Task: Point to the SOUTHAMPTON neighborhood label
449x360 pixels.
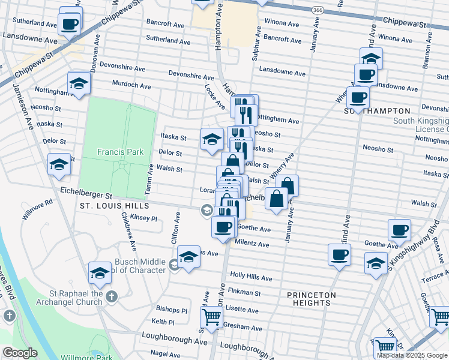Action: click(378, 111)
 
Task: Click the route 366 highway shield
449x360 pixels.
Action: click(318, 10)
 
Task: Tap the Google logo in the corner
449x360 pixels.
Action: click(19, 353)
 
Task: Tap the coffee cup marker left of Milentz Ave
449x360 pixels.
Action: click(224, 227)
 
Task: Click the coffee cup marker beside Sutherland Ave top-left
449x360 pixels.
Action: click(70, 25)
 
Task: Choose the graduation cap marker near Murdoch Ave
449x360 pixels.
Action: click(78, 84)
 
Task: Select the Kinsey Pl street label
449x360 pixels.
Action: click(143, 218)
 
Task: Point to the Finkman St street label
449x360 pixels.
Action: click(243, 292)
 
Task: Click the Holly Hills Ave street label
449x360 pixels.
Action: click(251, 278)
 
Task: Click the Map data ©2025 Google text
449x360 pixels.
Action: click(412, 355)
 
